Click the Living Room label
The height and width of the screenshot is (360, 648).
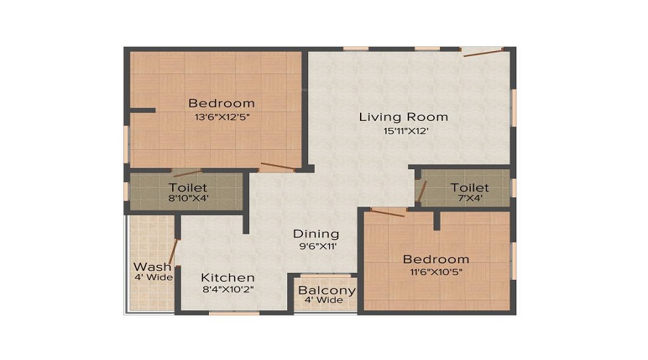tap(403, 117)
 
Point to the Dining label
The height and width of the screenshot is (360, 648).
tap(315, 234)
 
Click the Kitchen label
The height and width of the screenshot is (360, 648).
tap(228, 277)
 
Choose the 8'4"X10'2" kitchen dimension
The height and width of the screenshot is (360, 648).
tap(228, 290)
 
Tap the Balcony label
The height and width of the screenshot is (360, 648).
tap(328, 291)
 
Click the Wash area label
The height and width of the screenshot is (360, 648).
tap(153, 266)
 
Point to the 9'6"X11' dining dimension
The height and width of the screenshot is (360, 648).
tap(315, 246)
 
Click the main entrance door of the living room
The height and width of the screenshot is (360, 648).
tap(482, 51)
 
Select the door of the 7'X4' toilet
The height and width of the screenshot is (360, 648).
tap(423, 193)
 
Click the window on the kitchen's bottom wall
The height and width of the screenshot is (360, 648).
tap(233, 313)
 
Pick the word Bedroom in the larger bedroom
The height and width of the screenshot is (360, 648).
tap(221, 103)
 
